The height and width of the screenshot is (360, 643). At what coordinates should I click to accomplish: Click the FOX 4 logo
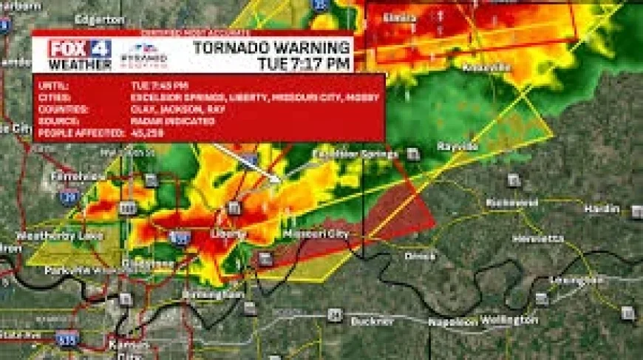click(x=80, y=49)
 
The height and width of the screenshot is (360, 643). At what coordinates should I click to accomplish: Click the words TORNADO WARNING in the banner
click(x=271, y=48)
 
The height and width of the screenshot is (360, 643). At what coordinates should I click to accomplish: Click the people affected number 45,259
click(x=147, y=132)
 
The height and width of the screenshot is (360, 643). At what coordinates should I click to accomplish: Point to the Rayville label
click(x=459, y=146)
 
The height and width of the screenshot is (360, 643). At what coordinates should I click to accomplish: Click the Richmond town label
click(x=512, y=203)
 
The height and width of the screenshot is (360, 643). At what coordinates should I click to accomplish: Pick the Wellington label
click(x=509, y=320)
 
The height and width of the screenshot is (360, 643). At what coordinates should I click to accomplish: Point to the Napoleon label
click(x=452, y=322)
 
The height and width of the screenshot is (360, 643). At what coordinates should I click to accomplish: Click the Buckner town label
click(x=372, y=322)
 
